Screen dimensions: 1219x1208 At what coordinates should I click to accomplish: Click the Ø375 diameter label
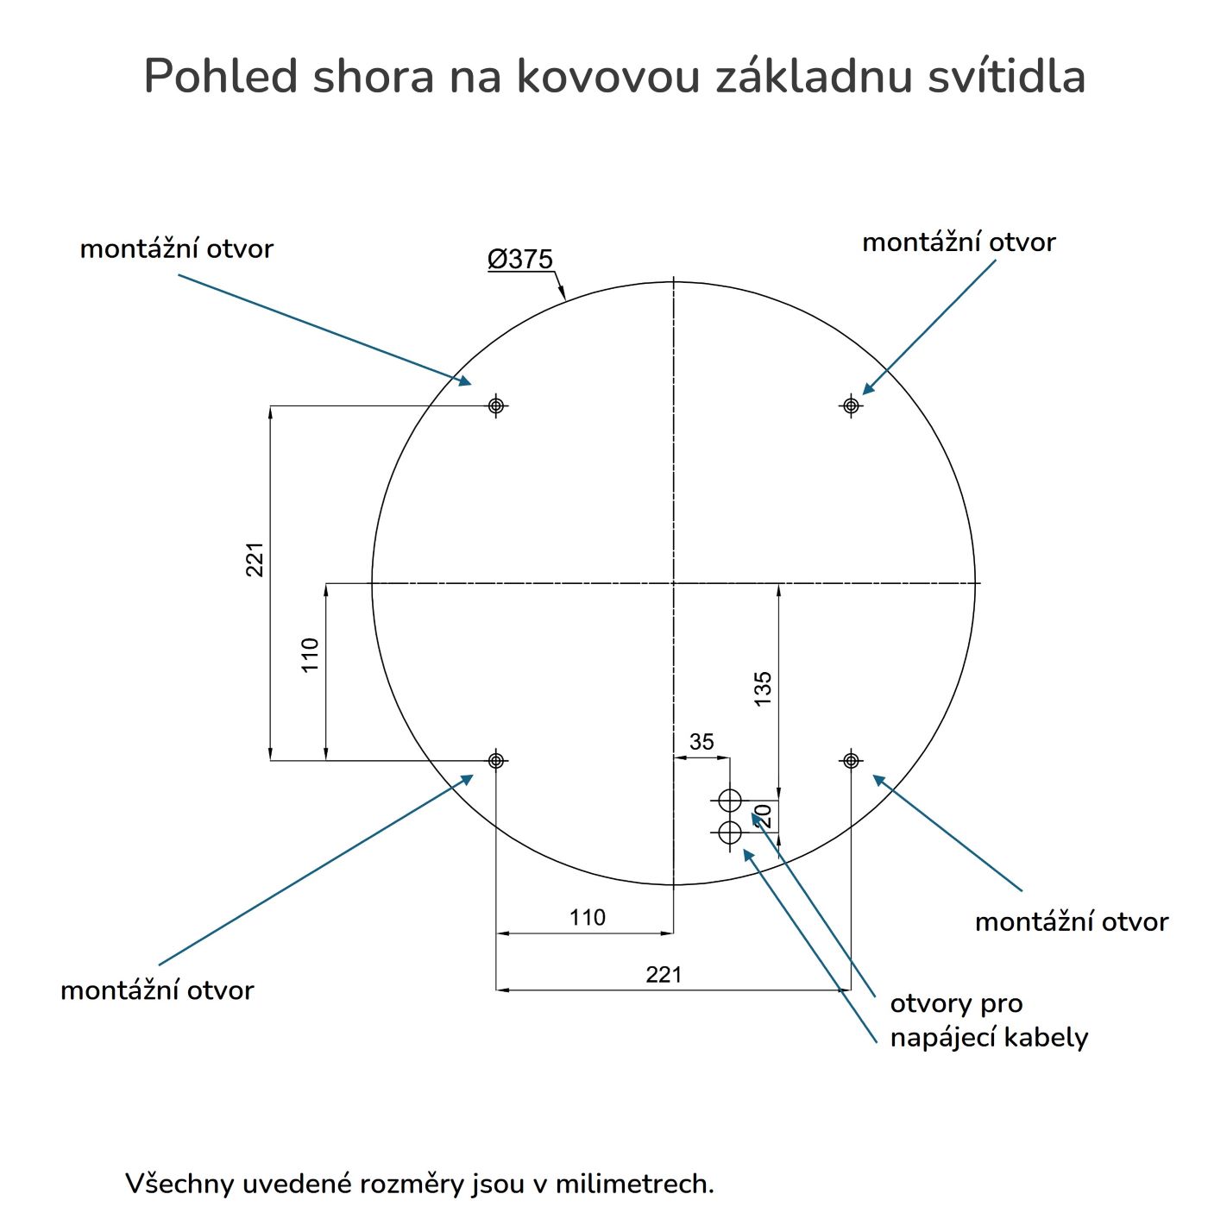pos(520,259)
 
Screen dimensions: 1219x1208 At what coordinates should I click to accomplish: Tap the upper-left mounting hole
pos(496,405)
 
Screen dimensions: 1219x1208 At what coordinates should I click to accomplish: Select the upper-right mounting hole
pos(852,405)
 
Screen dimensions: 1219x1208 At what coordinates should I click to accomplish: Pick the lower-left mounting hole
pos(496,760)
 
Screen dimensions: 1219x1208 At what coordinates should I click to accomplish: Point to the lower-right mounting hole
pos(852,760)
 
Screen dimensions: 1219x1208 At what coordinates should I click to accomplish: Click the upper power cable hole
pos(730,801)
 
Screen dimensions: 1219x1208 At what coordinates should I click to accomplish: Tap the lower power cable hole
pos(730,833)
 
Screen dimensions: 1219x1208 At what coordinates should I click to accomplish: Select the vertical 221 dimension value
pos(255,559)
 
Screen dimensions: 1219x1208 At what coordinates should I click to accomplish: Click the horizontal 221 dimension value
pos(664,974)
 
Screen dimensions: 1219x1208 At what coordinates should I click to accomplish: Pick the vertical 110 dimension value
pos(311,654)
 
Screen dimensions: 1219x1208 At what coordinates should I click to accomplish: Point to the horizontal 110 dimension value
pos(588,917)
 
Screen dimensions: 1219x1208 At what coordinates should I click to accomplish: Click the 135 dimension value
pos(763,689)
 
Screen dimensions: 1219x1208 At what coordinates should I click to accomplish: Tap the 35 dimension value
pos(702,742)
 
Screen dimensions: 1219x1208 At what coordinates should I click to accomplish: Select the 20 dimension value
pos(763,815)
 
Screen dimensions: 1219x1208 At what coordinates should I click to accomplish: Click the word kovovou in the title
pos(607,76)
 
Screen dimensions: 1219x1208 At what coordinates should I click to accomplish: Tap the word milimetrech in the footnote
pos(634,1183)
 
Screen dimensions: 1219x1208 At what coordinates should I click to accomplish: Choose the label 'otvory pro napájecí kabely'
pos(988,1021)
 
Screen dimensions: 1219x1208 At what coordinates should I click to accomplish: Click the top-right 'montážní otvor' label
pos(959,242)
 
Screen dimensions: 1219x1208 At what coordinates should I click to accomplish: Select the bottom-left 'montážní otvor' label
pos(157,990)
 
